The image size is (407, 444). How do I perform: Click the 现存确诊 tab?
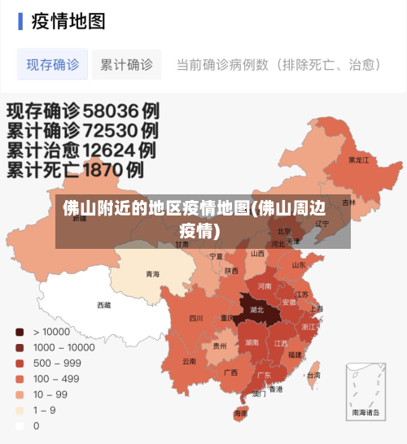52,64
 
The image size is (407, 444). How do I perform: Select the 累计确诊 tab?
126,64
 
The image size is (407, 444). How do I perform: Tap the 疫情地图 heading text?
68,21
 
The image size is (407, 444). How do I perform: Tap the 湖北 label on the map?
256,310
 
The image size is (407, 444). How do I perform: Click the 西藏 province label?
104,305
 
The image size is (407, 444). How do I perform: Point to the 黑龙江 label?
358,160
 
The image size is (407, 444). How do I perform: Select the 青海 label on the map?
152,274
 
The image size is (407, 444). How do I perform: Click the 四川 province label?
196,318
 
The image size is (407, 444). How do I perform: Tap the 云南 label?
189,360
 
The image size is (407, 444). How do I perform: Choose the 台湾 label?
313,376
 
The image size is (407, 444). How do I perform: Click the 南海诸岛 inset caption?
365,412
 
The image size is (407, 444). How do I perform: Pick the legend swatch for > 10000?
18,332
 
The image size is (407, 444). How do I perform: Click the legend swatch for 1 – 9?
18,410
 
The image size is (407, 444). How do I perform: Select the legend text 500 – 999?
56,363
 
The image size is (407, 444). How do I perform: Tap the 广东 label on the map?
264,375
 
